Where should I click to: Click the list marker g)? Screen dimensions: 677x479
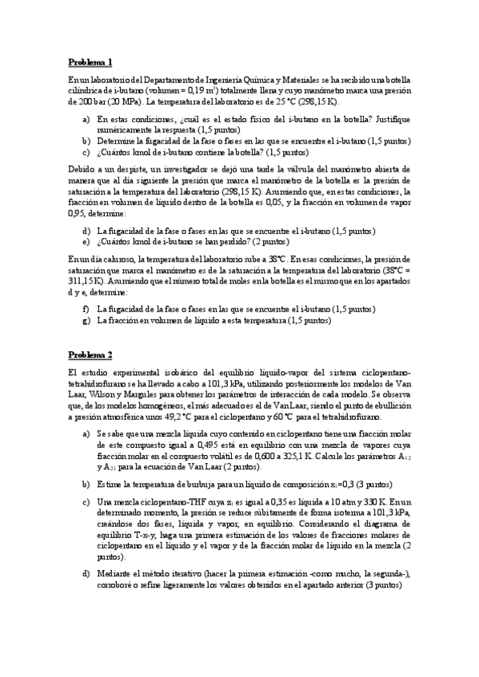pos(86,320)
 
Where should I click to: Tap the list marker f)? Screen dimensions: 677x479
pos(86,309)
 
